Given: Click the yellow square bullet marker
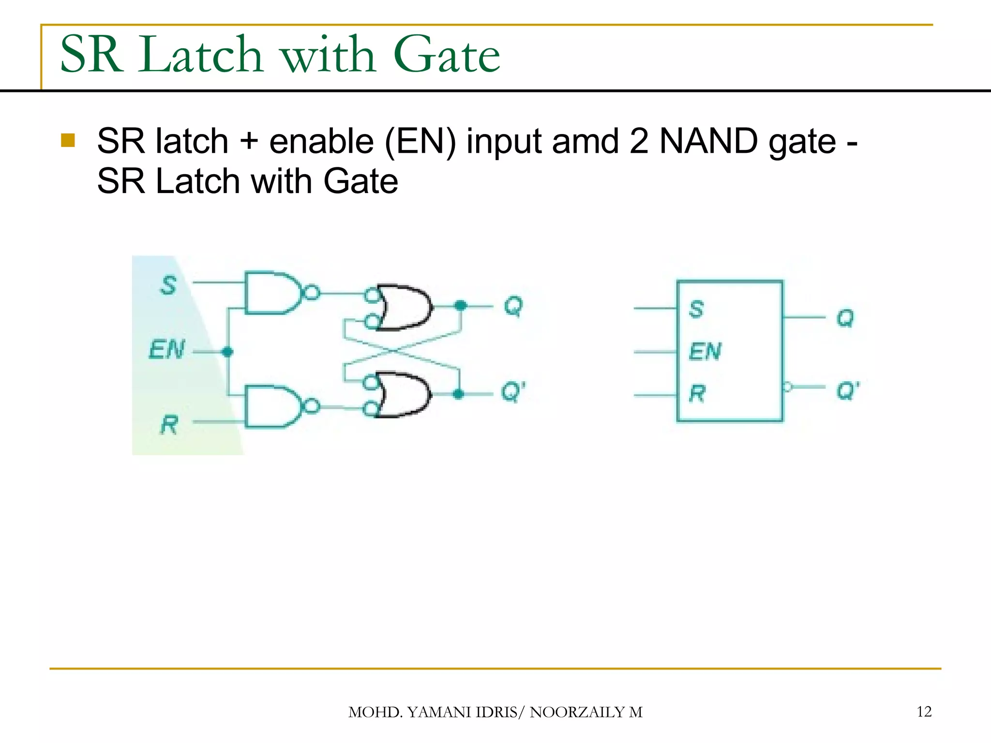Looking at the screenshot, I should [x=68, y=140].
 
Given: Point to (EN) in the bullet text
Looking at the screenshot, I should [x=420, y=142].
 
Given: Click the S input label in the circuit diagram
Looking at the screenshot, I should [x=168, y=285].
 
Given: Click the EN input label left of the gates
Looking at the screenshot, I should [x=167, y=350].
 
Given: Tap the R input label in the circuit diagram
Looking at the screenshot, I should [x=169, y=425].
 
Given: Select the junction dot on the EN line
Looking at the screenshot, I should [x=227, y=352].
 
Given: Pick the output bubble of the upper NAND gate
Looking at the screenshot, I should [x=312, y=293].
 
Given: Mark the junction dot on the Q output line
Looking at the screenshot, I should [x=460, y=305].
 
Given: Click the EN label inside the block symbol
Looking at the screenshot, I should [x=705, y=351].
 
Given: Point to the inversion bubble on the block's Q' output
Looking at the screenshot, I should [x=787, y=386].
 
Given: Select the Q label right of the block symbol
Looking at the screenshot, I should [x=845, y=318].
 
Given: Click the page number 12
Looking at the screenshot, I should [x=924, y=712].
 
